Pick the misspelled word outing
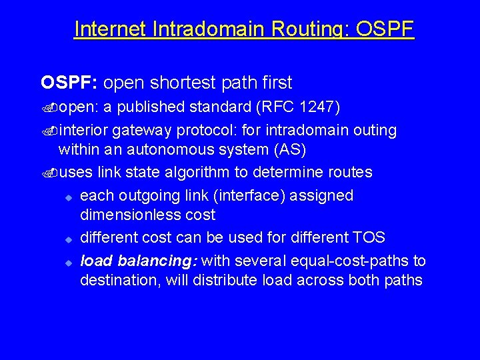coord(374,130)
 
